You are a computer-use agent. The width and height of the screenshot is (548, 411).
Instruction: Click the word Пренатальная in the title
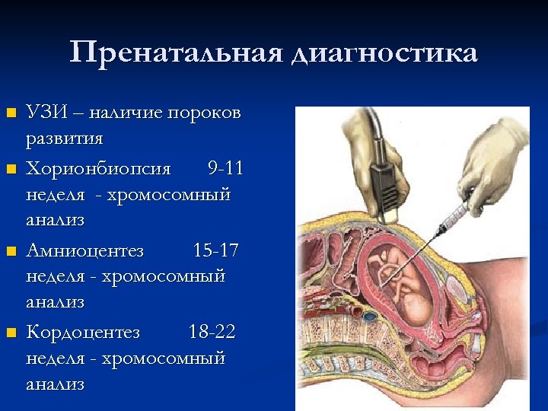click(x=175, y=53)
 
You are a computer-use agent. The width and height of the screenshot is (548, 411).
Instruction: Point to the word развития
click(x=64, y=139)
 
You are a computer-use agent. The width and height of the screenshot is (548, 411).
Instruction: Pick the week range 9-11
click(x=225, y=167)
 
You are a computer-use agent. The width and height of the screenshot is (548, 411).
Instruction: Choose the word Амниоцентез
click(x=84, y=249)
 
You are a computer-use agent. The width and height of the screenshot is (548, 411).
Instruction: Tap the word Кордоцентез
click(x=83, y=331)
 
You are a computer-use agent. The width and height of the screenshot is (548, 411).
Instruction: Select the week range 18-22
click(x=212, y=331)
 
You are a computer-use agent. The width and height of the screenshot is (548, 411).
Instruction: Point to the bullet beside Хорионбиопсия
click(x=11, y=167)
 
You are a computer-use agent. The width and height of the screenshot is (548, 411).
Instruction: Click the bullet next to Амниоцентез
click(x=11, y=250)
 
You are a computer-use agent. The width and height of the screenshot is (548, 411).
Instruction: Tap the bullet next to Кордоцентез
click(x=11, y=332)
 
